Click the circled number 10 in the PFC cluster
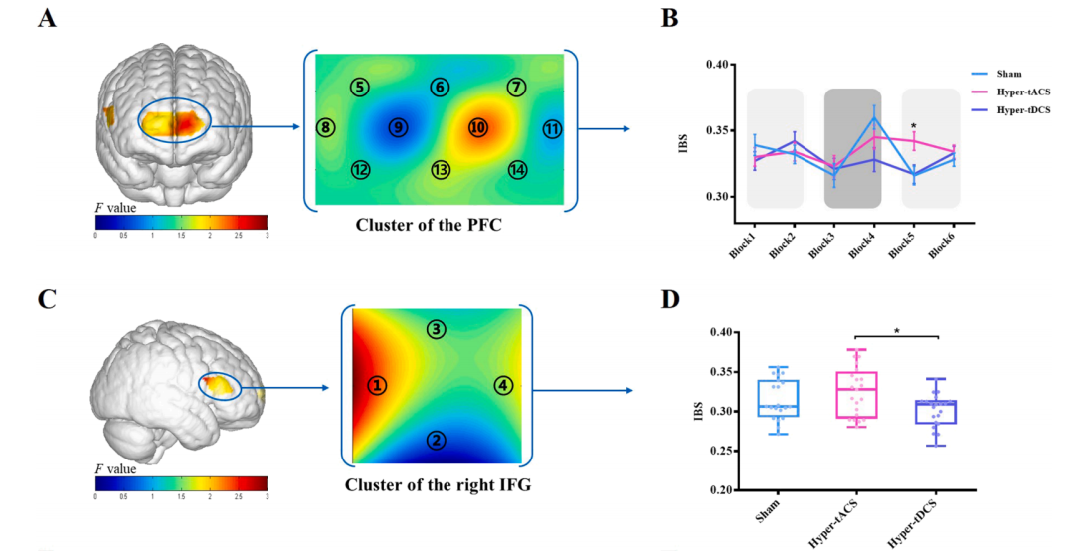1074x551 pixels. pyautogui.click(x=478, y=128)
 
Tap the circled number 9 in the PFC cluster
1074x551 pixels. pyautogui.click(x=398, y=128)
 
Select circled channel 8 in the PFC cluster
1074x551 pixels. pyautogui.click(x=324, y=127)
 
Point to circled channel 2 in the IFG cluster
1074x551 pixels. pyautogui.click(x=435, y=440)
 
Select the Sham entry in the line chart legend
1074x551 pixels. pyautogui.click(x=1012, y=74)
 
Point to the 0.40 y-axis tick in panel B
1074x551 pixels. pyautogui.click(x=720, y=65)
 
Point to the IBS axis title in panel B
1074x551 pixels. pyautogui.click(x=684, y=130)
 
